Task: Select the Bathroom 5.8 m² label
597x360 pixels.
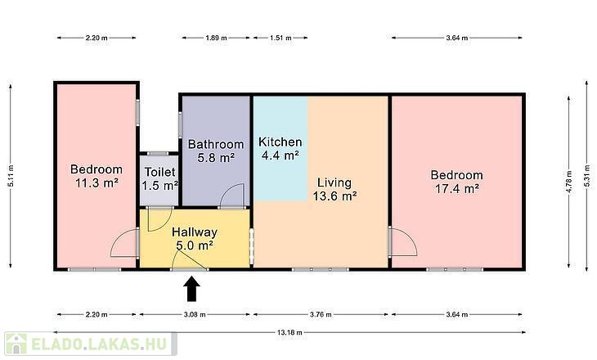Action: click(x=216, y=151)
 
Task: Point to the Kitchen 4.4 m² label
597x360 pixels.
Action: click(x=281, y=149)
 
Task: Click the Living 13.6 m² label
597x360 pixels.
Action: click(x=334, y=189)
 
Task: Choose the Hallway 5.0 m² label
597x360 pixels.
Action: click(x=195, y=238)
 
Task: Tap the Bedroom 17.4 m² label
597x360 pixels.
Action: click(x=457, y=182)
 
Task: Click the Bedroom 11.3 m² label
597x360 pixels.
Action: click(x=97, y=176)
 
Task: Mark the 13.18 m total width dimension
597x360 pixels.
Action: click(x=290, y=332)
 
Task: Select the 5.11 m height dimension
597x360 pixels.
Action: click(x=11, y=176)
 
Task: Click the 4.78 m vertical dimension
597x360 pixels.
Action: click(x=569, y=182)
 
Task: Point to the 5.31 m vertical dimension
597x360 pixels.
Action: click(x=587, y=176)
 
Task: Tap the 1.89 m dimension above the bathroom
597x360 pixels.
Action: click(x=216, y=38)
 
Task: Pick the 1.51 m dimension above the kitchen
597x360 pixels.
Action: click(x=281, y=38)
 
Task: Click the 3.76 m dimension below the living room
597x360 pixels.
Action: click(x=321, y=315)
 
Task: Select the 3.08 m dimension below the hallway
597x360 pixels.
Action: click(x=195, y=315)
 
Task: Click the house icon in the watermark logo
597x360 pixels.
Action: click(x=16, y=344)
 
